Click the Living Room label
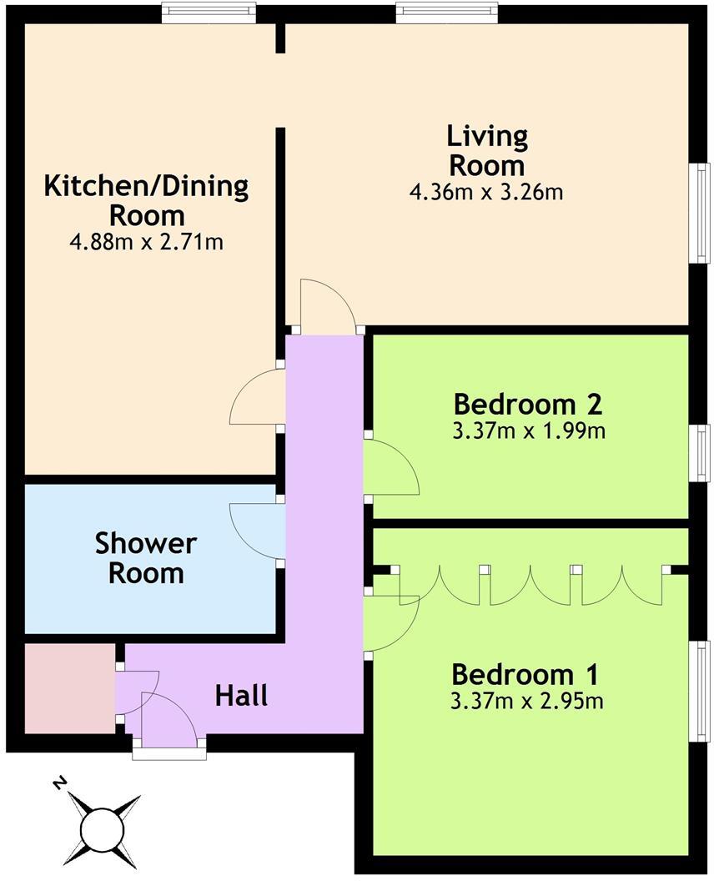486,149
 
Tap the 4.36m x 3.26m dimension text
486,192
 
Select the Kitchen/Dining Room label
147,199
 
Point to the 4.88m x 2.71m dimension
147,243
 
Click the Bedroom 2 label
527,405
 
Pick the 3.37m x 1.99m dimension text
527,431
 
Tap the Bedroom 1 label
526,673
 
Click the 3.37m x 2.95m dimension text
526,701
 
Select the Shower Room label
146,558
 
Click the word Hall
242,695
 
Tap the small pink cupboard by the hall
69,688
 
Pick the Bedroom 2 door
392,467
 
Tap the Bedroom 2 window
702,452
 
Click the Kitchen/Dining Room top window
208,11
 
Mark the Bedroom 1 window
702,689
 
